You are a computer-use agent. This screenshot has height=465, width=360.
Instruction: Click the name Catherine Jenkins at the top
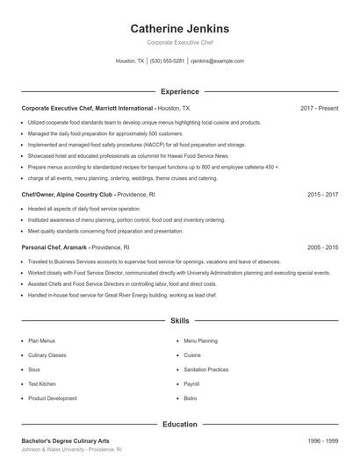(x=180, y=28)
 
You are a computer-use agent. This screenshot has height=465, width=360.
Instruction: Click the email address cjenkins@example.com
(x=217, y=61)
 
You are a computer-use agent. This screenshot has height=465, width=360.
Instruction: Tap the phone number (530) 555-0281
(x=167, y=61)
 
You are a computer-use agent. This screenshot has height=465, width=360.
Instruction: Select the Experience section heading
(x=180, y=91)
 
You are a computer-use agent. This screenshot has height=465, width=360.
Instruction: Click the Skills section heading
(x=180, y=322)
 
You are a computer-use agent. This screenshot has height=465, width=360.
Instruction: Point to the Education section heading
(x=180, y=425)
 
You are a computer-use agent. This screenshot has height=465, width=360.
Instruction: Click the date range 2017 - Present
(x=319, y=108)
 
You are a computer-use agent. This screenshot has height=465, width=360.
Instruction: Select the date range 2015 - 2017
(x=323, y=194)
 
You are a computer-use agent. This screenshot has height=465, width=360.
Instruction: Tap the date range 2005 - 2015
(x=323, y=247)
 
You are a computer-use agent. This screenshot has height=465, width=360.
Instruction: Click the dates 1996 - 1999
(x=323, y=440)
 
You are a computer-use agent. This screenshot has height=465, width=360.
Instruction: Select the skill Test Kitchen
(x=42, y=383)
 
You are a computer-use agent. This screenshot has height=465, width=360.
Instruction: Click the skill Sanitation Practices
(x=206, y=369)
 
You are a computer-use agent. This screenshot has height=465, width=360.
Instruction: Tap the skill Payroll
(x=191, y=383)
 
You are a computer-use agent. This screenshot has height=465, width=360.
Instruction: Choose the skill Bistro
(x=190, y=398)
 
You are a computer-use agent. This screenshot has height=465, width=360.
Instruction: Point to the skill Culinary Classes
(x=47, y=355)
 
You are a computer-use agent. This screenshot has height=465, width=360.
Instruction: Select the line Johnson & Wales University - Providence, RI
(x=72, y=449)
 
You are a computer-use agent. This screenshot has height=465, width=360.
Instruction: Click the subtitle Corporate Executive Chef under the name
(x=180, y=42)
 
